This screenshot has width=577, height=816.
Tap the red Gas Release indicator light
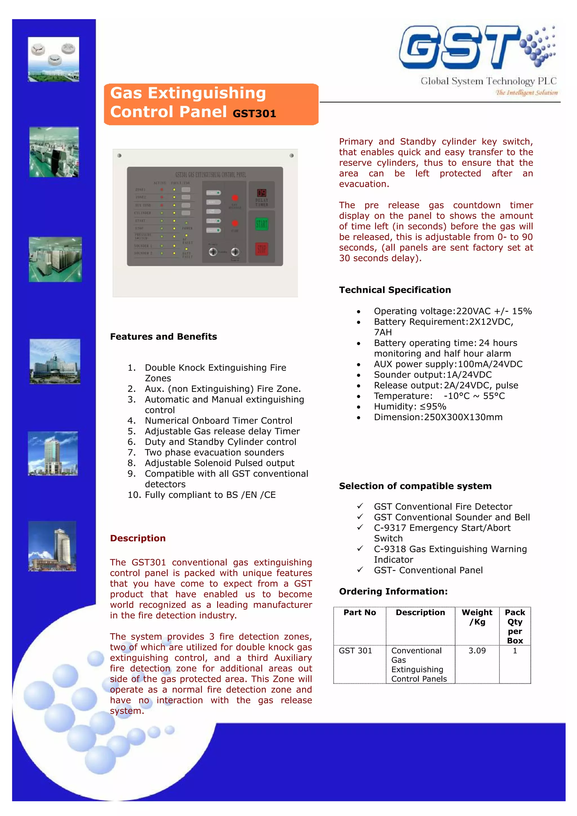tap(235, 198)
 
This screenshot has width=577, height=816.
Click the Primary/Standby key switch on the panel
tap(213, 252)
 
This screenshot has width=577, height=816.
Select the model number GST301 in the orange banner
tap(254, 114)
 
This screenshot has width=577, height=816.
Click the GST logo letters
tap(459, 48)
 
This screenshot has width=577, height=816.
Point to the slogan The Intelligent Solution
tap(527, 93)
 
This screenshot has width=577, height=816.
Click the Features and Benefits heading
tap(163, 336)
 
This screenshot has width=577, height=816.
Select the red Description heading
tap(137, 538)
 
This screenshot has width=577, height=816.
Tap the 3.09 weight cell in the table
tap(477, 650)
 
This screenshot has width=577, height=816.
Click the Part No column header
tap(359, 612)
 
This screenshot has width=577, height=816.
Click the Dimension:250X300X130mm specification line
tap(438, 417)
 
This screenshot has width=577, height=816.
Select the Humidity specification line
tap(410, 407)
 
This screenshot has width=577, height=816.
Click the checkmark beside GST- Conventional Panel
tap(360, 569)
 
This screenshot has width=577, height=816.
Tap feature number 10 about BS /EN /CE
tap(210, 495)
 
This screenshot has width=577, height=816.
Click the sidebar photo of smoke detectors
tap(54, 59)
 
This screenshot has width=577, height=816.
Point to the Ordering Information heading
tap(393, 591)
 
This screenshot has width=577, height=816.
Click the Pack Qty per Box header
tap(514, 626)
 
